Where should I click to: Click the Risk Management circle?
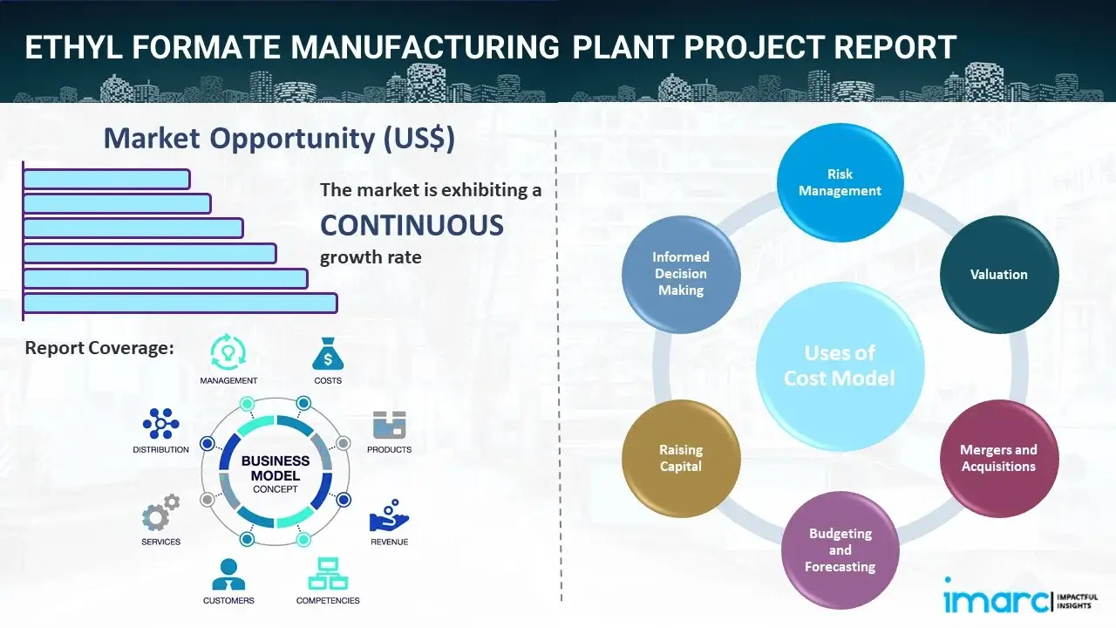[x=840, y=182]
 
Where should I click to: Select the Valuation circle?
[x=998, y=274]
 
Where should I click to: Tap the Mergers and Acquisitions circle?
[x=998, y=458]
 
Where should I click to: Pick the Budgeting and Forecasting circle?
[x=840, y=549]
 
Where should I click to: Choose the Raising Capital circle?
[x=681, y=458]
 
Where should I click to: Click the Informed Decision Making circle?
[x=681, y=274]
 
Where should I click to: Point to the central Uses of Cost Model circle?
[x=840, y=365]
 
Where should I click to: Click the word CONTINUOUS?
[x=412, y=225]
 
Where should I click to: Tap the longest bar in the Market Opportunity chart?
[x=180, y=303]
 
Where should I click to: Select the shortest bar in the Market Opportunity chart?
[x=106, y=179]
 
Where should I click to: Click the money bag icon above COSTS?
[x=328, y=354]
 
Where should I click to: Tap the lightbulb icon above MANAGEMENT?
[x=228, y=352]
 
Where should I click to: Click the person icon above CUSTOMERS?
[x=228, y=574]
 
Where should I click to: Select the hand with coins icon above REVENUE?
[x=388, y=515]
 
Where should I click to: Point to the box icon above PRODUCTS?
[x=389, y=425]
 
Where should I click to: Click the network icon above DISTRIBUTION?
[x=160, y=424]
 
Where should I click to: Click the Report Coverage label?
[x=99, y=348]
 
